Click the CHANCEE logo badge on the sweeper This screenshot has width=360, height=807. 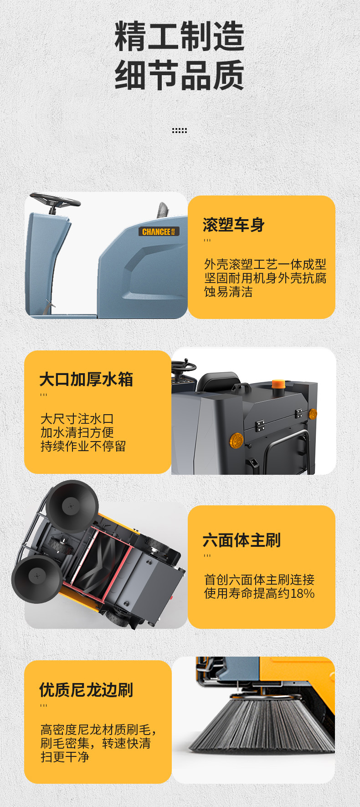tap(159, 231)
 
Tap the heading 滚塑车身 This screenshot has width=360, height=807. tap(234, 225)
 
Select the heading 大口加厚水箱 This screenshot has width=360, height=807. tap(86, 379)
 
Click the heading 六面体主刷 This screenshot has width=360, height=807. tap(242, 540)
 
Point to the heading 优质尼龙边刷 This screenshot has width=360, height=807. tap(86, 690)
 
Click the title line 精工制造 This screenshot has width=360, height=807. tap(180, 36)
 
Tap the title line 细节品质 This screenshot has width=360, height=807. tap(180, 75)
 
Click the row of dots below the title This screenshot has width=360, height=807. tap(180, 131)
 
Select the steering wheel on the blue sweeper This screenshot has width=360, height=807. tap(55, 200)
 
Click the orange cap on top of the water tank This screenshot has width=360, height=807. tap(278, 384)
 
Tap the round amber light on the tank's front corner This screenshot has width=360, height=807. tap(237, 440)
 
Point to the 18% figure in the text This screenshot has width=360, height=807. tap(303, 593)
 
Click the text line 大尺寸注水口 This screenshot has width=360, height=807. tap(77, 419)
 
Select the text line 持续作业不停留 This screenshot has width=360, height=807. tap(83, 446)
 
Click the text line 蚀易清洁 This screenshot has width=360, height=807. tap(228, 292)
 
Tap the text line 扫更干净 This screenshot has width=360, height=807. tap(65, 757)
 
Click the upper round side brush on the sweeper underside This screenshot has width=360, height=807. tap(72, 506)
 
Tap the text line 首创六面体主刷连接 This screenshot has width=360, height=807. tap(259, 580)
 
